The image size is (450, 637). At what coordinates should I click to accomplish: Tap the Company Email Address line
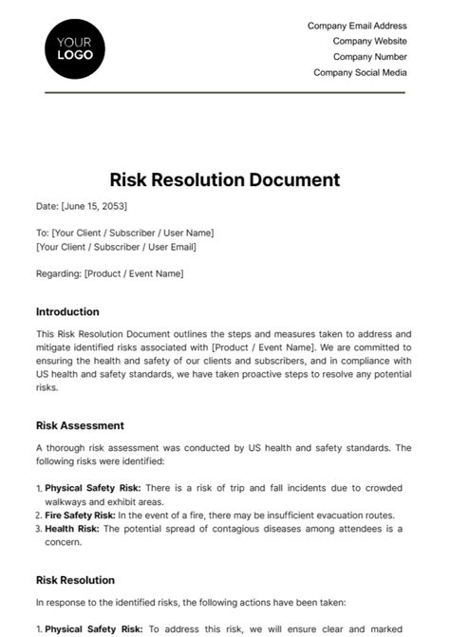point(357,27)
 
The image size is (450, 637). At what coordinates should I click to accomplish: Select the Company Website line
point(369,42)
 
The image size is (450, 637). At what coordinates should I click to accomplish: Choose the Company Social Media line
point(360,72)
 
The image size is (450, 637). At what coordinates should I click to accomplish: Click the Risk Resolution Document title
point(224,179)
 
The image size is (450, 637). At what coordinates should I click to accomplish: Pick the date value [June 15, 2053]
point(94,206)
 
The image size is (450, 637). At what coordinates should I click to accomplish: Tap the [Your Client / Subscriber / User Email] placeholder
point(115,247)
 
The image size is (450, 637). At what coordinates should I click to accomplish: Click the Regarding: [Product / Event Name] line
point(109,273)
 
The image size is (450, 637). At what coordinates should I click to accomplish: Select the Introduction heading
point(67,311)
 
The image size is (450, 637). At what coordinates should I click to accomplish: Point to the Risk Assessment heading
point(80,425)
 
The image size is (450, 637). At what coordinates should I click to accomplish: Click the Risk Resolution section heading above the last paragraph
point(75,579)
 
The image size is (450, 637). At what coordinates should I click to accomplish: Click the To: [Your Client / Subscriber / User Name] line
point(124,233)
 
